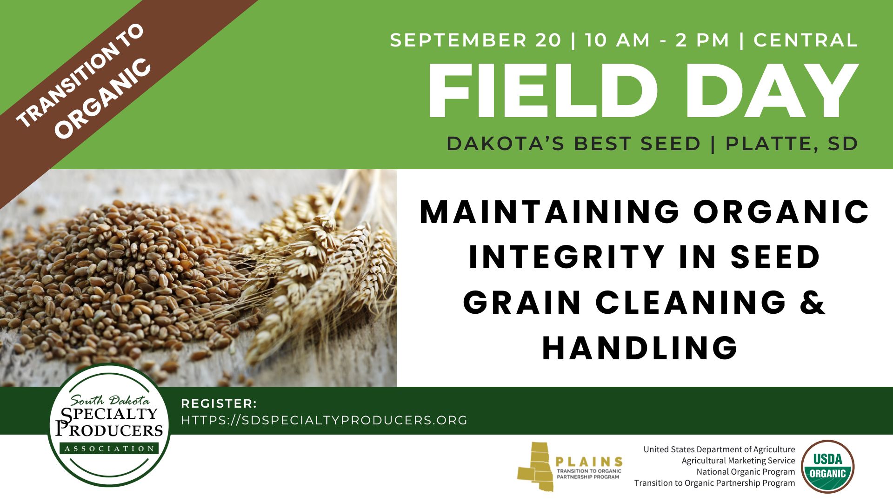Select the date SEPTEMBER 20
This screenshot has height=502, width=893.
pos(476,40)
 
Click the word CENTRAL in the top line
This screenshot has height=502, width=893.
pos(806,40)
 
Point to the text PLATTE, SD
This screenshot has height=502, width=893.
pos(792,144)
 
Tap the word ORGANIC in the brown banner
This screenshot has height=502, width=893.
pos(103,99)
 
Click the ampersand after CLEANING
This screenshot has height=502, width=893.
pos(812,302)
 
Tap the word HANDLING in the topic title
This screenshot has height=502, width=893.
pos(640,347)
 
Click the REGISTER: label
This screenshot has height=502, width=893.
pos(219,403)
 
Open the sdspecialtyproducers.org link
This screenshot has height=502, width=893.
pos(324,420)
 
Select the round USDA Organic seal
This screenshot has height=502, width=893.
pos(828,466)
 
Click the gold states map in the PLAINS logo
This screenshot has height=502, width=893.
pos(536,466)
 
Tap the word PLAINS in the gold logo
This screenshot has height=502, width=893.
pos(589,462)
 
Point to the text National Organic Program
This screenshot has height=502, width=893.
pos(746,472)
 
